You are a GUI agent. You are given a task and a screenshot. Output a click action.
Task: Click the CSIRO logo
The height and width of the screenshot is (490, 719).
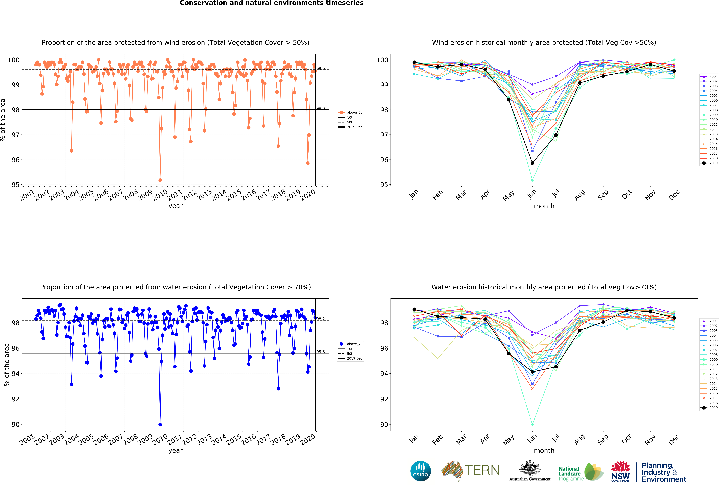[x=420, y=471]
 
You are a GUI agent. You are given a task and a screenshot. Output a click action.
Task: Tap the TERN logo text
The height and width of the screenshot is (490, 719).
[x=482, y=470]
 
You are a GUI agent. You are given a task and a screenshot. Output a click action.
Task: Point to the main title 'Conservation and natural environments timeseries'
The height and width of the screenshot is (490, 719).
[x=272, y=3]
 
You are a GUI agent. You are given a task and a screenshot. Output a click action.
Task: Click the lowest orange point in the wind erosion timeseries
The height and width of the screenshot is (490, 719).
[x=160, y=180]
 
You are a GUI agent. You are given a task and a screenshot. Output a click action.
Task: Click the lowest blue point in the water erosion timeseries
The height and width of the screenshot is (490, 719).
[x=160, y=425]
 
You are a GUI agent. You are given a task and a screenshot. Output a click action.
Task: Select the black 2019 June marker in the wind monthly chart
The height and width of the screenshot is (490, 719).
[x=532, y=163]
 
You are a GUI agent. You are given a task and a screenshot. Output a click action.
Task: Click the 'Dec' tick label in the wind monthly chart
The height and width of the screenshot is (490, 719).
[x=674, y=195]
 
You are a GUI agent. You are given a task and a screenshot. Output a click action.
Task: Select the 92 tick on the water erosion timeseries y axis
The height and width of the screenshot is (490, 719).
[x=15, y=399]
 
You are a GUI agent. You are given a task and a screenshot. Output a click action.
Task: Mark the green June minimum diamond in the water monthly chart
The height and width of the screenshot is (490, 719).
[x=532, y=425]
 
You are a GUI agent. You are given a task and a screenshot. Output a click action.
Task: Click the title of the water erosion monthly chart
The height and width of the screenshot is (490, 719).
[x=544, y=287]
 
